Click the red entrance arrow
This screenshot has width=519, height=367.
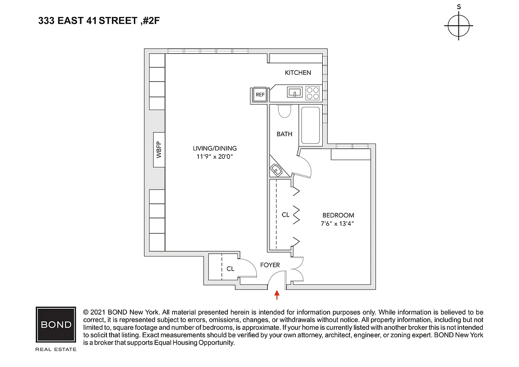[277, 295]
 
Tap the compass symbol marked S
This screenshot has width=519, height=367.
[458, 26]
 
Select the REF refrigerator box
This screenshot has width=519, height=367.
[260, 95]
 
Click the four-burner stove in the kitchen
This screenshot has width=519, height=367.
[313, 93]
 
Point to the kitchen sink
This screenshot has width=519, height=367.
[294, 93]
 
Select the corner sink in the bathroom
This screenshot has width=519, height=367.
[277, 170]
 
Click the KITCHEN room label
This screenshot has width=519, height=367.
[298, 72]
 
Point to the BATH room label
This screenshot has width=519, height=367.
[284, 134]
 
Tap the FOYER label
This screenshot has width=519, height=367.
[270, 265]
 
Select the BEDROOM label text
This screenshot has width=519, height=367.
[338, 215]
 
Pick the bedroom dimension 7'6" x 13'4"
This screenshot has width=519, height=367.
[338, 223]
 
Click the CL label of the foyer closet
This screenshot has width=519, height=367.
[230, 268]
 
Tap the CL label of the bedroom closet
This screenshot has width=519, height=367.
[285, 214]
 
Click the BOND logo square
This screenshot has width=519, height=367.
[56, 325]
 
